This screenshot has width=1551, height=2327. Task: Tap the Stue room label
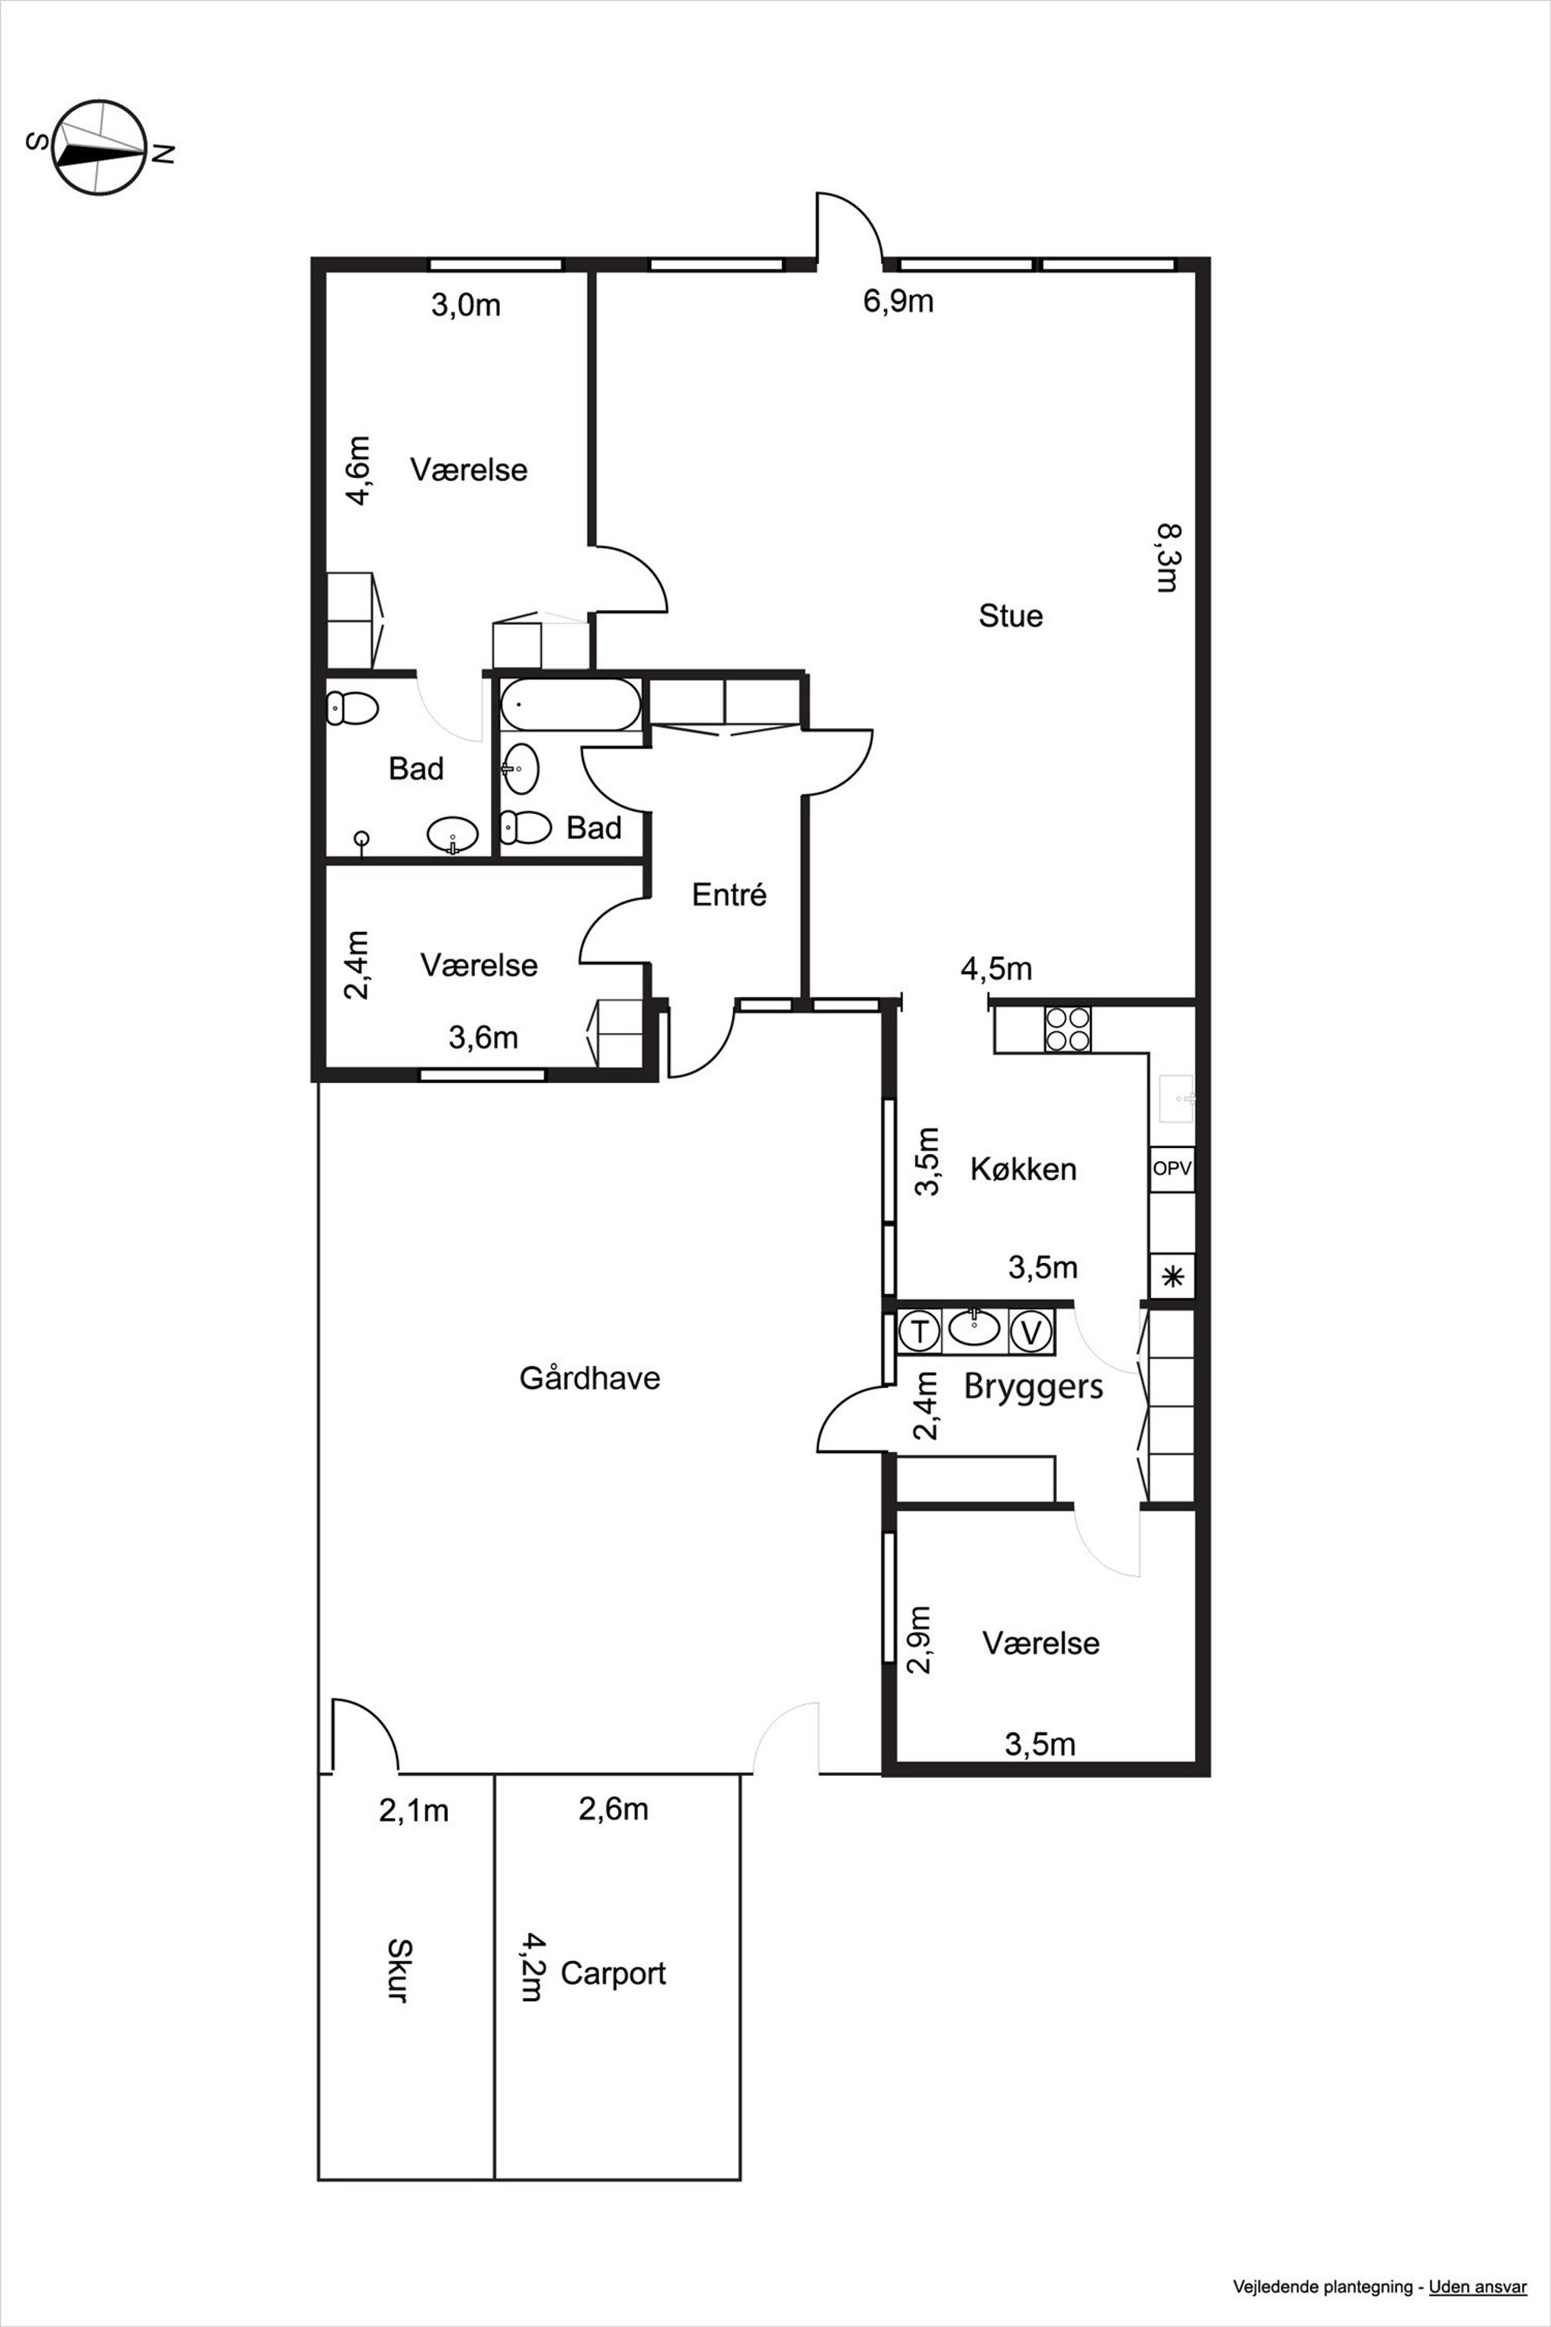point(1011,615)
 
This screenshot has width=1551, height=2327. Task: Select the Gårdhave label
point(589,1377)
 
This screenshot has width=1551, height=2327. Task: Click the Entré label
point(729,895)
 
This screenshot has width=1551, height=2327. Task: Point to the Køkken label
point(1023,1168)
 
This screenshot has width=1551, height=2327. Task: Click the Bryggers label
point(1033,1387)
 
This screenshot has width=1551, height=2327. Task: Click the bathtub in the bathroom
point(571,705)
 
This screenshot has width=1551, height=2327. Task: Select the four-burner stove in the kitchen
point(1067,1028)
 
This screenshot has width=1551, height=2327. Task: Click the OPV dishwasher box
point(1172,1168)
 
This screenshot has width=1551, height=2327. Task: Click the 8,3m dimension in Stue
point(1168,558)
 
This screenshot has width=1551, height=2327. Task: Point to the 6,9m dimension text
point(898,301)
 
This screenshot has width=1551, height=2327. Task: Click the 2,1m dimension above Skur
point(414,1811)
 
